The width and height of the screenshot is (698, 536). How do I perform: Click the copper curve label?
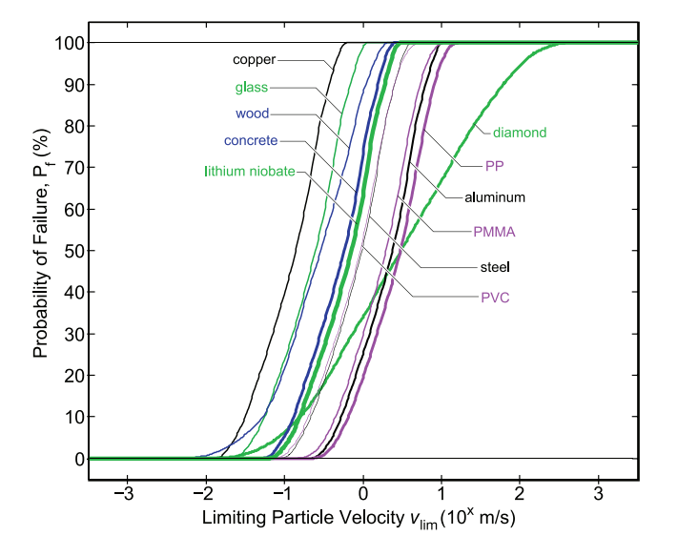pos(254,59)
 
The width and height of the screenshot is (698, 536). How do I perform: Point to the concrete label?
pos(251,141)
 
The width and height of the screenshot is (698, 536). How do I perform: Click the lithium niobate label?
pos(255,172)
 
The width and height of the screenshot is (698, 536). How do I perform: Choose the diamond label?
pos(520,133)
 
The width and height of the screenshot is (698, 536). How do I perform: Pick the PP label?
pos(494,165)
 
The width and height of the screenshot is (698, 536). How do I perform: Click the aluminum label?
pos(496,197)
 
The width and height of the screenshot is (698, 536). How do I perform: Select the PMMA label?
pos(492,230)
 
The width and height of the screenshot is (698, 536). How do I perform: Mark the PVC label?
pos(495,298)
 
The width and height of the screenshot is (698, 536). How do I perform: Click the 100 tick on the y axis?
pos(69,43)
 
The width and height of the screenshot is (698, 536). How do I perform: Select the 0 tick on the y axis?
pos(77,459)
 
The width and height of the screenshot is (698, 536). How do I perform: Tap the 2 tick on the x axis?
pos(520,495)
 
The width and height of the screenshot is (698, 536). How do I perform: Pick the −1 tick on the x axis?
pos(282,495)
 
